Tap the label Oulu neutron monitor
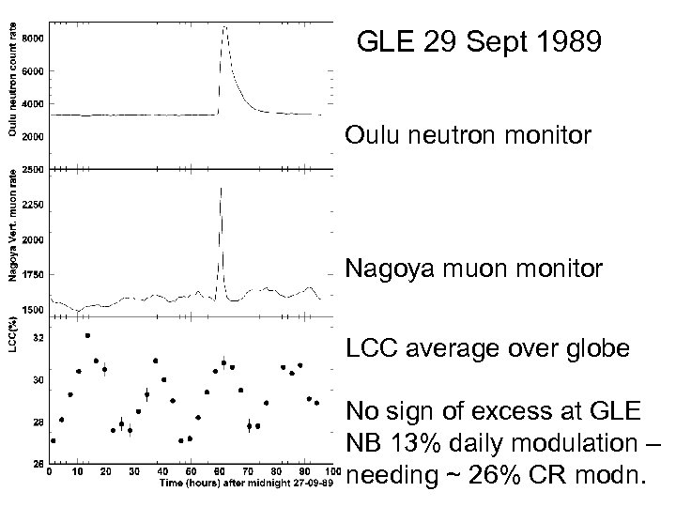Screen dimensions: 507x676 (x=469, y=136)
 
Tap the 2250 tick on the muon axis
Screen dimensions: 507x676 (x=31, y=204)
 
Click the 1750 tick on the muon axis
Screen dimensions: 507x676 (x=31, y=274)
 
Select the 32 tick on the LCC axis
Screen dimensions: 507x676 (x=37, y=336)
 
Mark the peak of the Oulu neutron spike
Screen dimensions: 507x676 (x=224, y=27)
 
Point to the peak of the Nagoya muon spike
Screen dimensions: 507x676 (x=221, y=188)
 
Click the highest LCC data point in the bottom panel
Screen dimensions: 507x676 (x=87, y=335)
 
